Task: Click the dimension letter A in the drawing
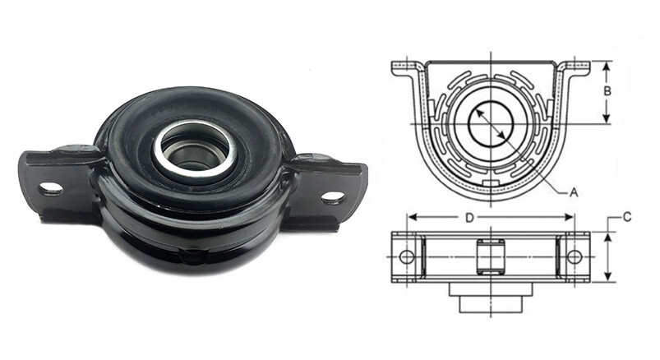coord(574,192)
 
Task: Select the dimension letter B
coord(606,92)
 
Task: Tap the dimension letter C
coord(626,217)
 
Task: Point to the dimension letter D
coord(469,218)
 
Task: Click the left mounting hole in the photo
coord(51,189)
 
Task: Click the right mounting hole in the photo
coord(332,197)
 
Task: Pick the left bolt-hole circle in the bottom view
coord(407,257)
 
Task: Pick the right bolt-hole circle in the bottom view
coord(574,257)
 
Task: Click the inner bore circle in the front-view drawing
coord(491,124)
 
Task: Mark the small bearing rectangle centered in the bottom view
coord(490,257)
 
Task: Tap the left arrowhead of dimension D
coord(411,218)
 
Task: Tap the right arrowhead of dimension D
coord(570,218)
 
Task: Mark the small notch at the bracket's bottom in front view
coord(491,183)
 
